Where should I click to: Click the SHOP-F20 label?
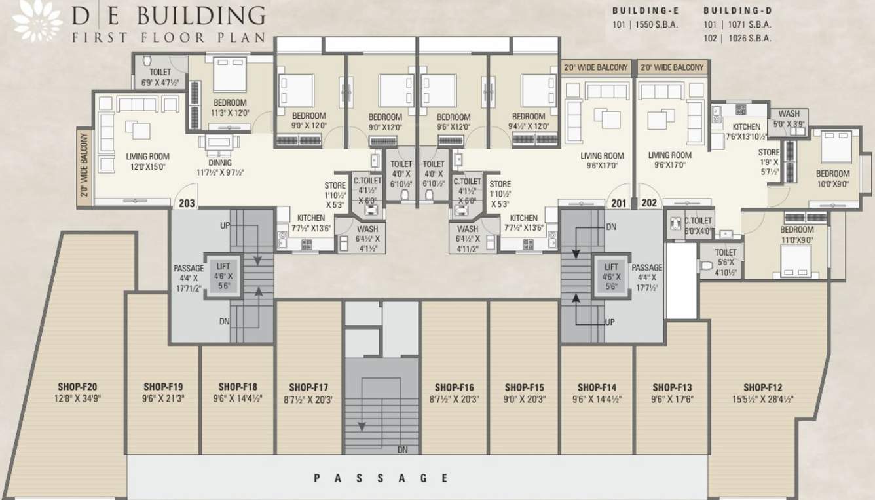tap(79, 386)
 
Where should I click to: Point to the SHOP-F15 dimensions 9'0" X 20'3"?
tap(525, 398)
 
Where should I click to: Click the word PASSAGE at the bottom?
tap(381, 478)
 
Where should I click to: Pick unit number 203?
tap(187, 203)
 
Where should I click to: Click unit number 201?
tap(618, 203)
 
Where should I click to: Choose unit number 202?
tap(649, 203)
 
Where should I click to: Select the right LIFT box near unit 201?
tap(610, 276)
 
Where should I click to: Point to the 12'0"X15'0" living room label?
tap(147, 167)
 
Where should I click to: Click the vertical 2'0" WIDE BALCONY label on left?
tap(84, 168)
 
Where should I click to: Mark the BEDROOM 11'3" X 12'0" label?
tap(230, 107)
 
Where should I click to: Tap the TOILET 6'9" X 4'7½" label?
tap(160, 77)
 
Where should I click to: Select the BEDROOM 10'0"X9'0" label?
tap(832, 179)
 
